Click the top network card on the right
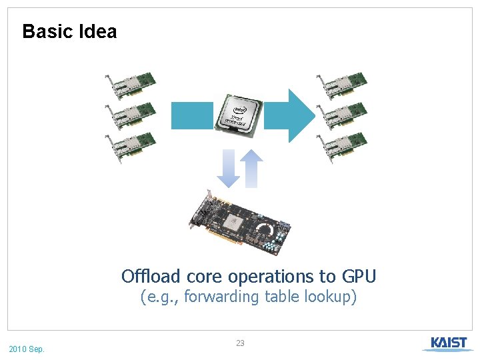tap(341, 83)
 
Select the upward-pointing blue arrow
tap(251, 168)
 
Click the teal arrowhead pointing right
tap(300, 115)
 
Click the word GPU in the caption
tap(359, 276)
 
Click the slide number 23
tap(240, 343)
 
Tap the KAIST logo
tap(448, 343)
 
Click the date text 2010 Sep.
tap(27, 349)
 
